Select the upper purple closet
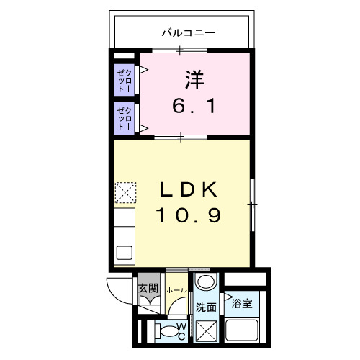click(125, 78)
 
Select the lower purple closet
click(125, 118)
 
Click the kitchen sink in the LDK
click(125, 252)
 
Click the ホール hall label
click(176, 289)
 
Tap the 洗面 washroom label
click(206, 306)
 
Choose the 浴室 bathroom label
click(241, 303)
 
